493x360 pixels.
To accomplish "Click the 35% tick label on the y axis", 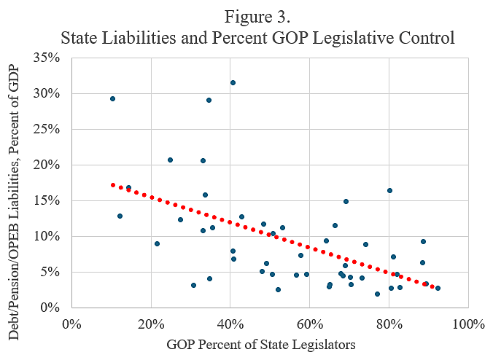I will [x=50, y=58].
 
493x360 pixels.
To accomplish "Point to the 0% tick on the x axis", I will [x=71, y=322].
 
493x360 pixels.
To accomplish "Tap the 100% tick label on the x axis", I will [x=467, y=322].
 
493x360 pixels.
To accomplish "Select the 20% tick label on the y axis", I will [x=50, y=165].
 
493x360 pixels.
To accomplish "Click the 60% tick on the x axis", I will [x=309, y=322].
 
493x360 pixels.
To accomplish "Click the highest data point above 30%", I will [x=233, y=83].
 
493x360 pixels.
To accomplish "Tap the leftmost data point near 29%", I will [x=112, y=98].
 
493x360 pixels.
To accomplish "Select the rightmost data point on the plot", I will [x=438, y=288].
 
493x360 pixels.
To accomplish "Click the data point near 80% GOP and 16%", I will [x=389, y=190].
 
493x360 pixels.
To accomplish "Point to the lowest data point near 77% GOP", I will [x=377, y=294].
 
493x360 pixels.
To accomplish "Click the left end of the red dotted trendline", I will [x=112, y=184].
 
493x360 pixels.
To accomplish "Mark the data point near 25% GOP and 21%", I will [x=170, y=160].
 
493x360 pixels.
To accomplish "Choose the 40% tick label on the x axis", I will [x=230, y=322].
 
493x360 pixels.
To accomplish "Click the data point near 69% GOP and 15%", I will [x=346, y=201].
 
